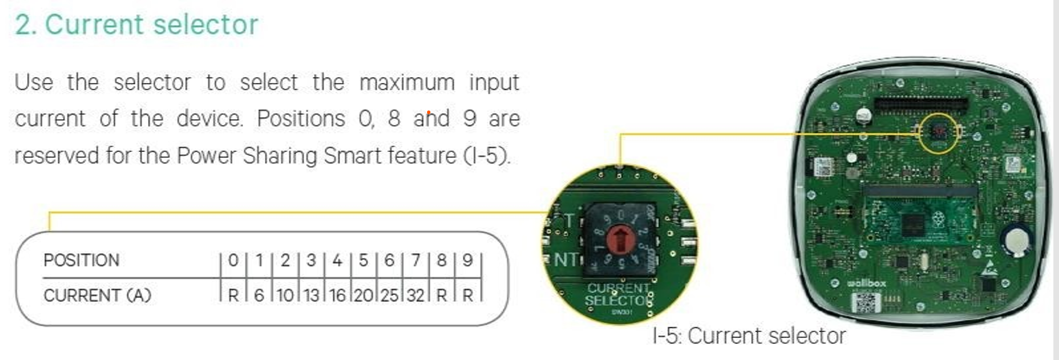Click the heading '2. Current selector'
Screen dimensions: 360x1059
136,25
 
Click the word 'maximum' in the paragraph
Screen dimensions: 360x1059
406,83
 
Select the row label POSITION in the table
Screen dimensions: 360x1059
81,260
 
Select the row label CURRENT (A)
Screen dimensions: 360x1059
97,295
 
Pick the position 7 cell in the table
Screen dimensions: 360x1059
415,260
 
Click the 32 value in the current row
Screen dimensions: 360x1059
415,295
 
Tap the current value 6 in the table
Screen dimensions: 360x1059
258,295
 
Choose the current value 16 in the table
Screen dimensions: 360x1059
337,295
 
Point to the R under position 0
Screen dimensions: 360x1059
232,295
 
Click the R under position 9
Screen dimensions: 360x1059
467,295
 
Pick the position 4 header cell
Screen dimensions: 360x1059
337,260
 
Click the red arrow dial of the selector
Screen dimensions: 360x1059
620,240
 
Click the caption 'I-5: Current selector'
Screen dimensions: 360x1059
748,336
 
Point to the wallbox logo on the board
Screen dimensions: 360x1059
867,283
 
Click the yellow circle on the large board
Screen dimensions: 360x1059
938,133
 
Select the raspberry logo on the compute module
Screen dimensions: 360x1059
939,219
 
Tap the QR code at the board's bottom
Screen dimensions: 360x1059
865,303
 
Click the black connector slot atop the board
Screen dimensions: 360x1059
921,104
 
